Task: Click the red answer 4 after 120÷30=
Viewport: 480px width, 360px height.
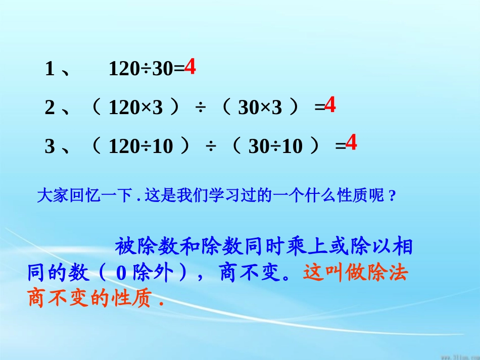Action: [189, 67]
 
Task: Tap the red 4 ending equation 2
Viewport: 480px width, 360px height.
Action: [329, 106]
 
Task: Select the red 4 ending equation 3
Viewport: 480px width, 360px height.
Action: [351, 143]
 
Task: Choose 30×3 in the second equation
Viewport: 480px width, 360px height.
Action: [260, 108]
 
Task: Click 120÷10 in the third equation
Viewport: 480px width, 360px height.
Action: [141, 146]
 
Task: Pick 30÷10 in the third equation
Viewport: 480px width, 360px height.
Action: [275, 146]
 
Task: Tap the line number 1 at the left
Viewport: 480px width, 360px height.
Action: [50, 69]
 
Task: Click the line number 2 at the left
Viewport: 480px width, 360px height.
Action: [50, 108]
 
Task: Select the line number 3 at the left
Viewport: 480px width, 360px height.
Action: [50, 146]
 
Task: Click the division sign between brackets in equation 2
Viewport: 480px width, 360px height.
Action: [201, 108]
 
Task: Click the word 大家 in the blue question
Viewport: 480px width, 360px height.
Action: [49, 196]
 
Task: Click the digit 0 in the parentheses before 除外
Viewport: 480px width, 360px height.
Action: [121, 274]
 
